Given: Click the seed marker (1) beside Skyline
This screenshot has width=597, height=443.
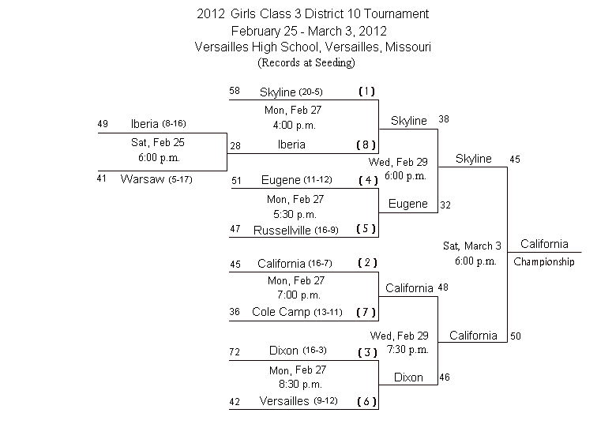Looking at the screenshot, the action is click(x=367, y=92).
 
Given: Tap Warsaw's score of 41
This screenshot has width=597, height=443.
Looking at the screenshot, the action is click(x=101, y=178).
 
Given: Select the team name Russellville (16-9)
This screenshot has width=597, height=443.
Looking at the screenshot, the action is click(x=296, y=231).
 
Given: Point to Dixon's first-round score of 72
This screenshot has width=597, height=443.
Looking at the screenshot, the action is click(x=235, y=351).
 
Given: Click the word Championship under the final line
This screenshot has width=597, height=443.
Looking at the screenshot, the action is click(x=543, y=262).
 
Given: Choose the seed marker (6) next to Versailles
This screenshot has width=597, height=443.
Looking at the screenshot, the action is click(x=366, y=401).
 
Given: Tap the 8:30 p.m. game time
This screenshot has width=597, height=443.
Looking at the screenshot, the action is click(x=300, y=385).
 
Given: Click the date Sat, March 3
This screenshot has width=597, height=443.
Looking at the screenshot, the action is click(x=472, y=246).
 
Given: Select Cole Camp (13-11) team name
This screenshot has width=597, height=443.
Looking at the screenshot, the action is click(x=297, y=312).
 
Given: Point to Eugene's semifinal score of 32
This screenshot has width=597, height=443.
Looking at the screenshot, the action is click(x=445, y=205).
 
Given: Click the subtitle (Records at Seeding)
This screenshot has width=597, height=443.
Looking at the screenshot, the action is click(x=306, y=62).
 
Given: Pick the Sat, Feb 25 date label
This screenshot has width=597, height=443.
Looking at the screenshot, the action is click(x=158, y=142).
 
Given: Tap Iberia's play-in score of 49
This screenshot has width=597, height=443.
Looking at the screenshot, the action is click(x=103, y=124).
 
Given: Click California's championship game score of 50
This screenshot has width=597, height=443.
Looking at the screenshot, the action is click(x=516, y=336).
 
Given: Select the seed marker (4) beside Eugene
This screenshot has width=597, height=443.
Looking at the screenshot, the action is click(x=368, y=180).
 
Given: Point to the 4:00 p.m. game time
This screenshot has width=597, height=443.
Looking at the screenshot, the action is click(x=295, y=126).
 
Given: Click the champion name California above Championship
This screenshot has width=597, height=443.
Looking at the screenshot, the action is click(x=544, y=244).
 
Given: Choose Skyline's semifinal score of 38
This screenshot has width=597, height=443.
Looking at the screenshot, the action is click(x=444, y=119).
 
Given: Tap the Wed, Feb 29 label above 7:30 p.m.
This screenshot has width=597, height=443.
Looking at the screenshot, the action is click(x=399, y=336).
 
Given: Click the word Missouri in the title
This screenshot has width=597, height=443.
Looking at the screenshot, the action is click(x=407, y=47).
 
